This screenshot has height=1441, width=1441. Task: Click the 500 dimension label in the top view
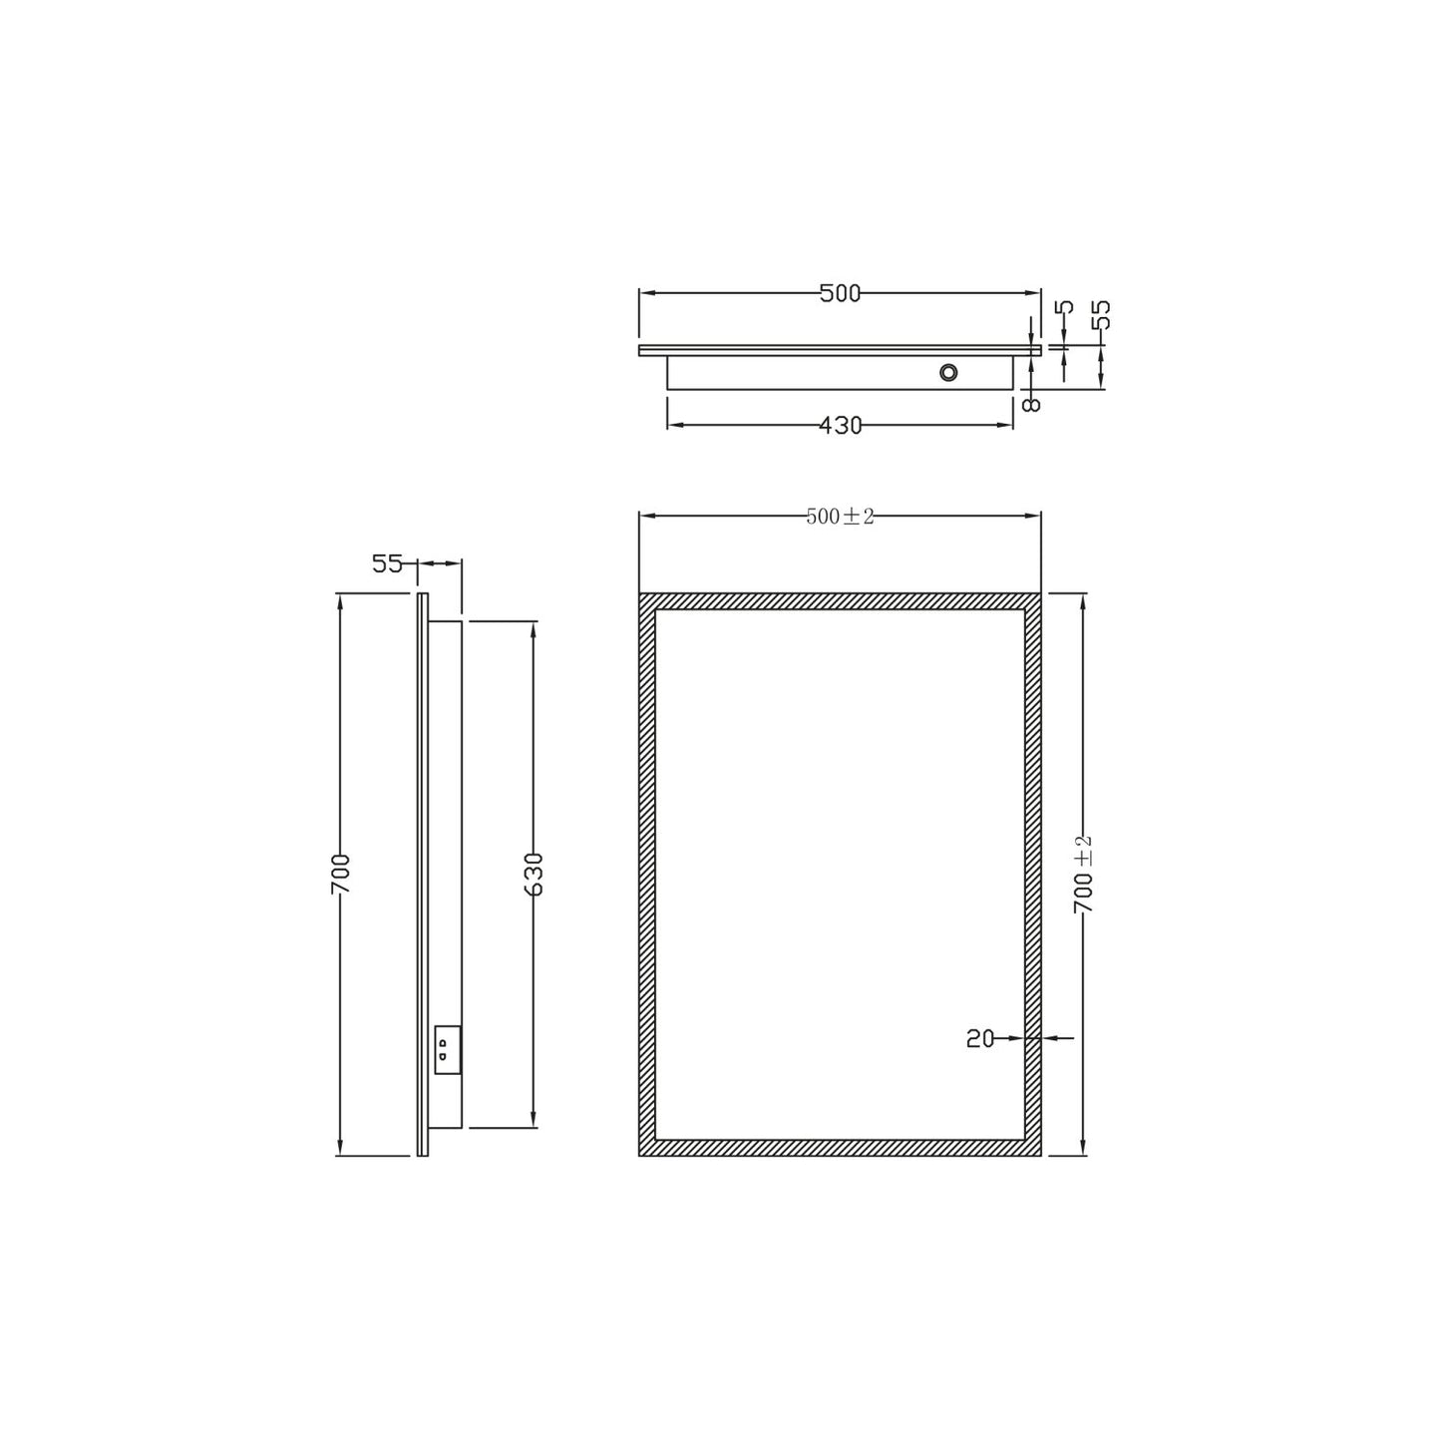click(839, 293)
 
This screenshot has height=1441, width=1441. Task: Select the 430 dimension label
click(840, 426)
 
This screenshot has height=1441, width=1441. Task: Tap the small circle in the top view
click(948, 373)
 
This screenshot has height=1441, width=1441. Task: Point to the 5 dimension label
click(1065, 308)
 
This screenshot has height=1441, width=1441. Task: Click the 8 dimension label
click(1031, 402)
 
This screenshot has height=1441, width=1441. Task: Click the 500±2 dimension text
click(840, 516)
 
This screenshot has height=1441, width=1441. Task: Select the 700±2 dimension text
click(1085, 875)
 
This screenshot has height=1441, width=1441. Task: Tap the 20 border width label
click(980, 1039)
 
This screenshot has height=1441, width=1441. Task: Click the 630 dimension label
click(534, 875)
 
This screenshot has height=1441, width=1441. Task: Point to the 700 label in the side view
click(341, 875)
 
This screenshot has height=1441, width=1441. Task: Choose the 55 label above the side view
click(387, 564)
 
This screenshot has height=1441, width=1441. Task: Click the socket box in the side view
click(446, 1050)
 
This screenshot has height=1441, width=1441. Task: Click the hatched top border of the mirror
click(840, 601)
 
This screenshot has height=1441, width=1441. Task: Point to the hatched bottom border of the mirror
click(840, 1148)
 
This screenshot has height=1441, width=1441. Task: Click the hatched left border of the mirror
click(647, 875)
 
